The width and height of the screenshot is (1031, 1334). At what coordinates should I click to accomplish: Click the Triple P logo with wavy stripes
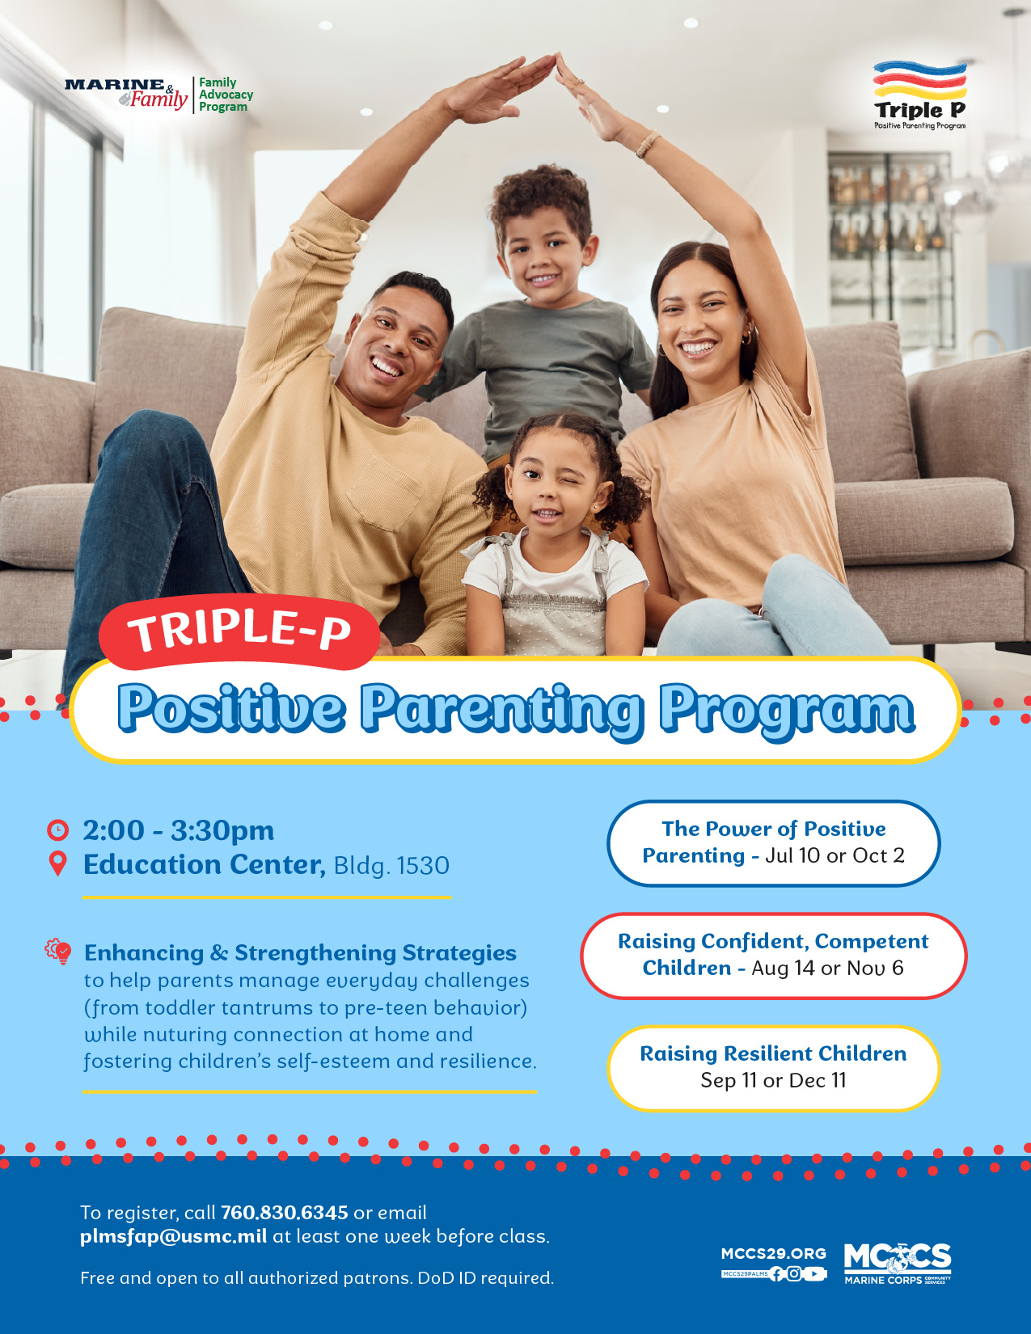(919, 95)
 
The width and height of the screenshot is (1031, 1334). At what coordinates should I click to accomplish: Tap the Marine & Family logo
(126, 94)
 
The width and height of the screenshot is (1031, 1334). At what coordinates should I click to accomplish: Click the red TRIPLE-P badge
(239, 631)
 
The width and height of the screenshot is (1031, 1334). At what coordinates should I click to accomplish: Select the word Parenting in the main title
(501, 710)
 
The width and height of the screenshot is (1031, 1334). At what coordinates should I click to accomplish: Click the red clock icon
(57, 830)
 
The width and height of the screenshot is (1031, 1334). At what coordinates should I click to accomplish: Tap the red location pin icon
(57, 863)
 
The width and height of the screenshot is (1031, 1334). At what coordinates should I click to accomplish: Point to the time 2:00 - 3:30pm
(179, 830)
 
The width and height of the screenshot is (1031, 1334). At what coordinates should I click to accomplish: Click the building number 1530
(423, 866)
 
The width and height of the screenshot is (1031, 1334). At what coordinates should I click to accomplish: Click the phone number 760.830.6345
(285, 1213)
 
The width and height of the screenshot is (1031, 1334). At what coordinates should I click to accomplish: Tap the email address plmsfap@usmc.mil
(174, 1236)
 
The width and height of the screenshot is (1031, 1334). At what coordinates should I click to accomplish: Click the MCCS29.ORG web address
(774, 1254)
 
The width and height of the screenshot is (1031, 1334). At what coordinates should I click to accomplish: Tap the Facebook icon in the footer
(776, 1274)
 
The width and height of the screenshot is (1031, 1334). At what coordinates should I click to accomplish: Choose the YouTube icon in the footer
(813, 1274)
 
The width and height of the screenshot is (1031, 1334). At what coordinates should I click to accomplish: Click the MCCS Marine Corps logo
(898, 1264)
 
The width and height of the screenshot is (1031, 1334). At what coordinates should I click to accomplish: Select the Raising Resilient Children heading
(773, 1053)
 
